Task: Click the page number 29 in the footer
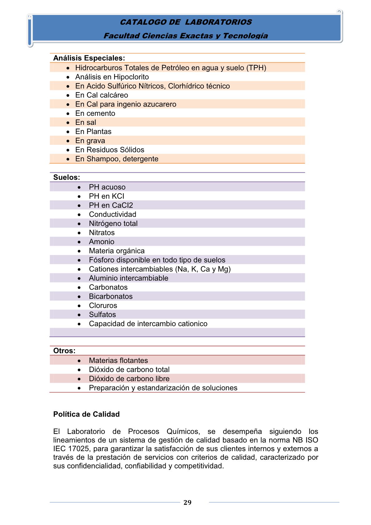pos(187,502)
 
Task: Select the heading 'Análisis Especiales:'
pos(89,58)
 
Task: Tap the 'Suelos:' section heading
pos(66,177)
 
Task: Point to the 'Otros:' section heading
pos(64,351)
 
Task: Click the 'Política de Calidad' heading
pos(86,414)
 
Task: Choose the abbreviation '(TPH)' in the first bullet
pos(256,68)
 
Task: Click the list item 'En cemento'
pos(95,113)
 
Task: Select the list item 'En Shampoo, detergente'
pos(117,159)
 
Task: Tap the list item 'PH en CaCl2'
pos(111,205)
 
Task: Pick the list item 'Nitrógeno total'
pos(113,223)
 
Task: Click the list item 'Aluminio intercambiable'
pos(128,278)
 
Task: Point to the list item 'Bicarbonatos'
pos(110,296)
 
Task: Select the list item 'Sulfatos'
pos(102,315)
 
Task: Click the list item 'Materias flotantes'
pos(118,361)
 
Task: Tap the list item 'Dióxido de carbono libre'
pos(129,379)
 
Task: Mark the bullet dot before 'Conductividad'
pos(79,215)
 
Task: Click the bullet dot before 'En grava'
pos(68,141)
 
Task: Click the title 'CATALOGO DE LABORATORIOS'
pos(186,22)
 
